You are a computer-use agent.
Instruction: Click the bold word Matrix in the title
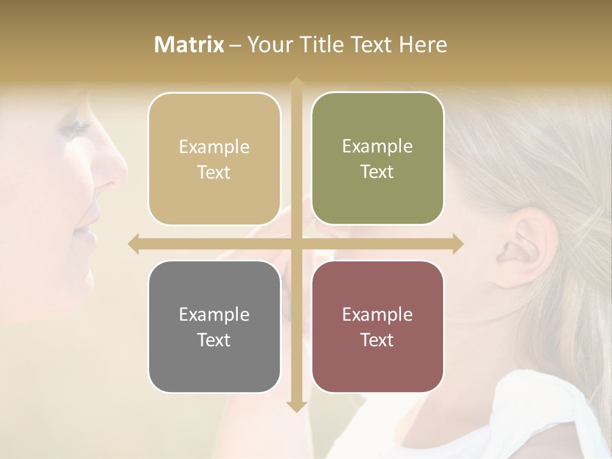pos(189,45)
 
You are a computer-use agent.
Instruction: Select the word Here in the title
pos(423,45)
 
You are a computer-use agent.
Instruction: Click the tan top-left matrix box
pos(214,159)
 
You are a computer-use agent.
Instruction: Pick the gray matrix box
pos(214,326)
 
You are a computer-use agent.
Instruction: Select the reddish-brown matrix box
pos(377,326)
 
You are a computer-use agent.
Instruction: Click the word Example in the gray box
pos(214,314)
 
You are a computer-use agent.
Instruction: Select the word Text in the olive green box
pos(377,172)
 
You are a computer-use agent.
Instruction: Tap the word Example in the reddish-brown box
pos(377,314)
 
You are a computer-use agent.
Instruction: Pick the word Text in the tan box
pos(214,173)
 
